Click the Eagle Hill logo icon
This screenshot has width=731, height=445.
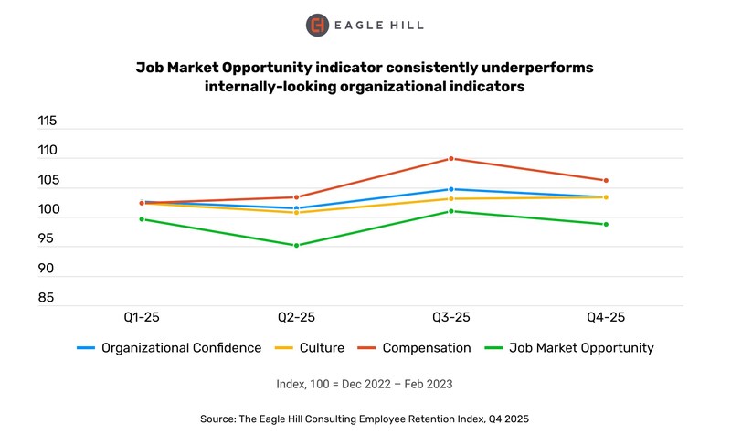(317, 25)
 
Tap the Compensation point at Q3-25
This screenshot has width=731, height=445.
(450, 159)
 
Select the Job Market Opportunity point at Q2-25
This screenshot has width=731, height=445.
(296, 246)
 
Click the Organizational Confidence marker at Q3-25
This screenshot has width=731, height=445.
(450, 189)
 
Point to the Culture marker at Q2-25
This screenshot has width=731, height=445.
(296, 212)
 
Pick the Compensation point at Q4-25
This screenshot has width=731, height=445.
(606, 180)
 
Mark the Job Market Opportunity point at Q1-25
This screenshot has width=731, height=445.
(142, 219)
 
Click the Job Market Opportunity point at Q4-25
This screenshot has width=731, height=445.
(606, 224)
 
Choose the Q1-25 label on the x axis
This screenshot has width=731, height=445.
(142, 316)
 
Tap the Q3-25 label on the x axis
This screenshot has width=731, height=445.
(450, 316)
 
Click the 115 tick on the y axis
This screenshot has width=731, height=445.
(47, 121)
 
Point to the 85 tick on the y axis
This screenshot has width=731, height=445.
(47, 298)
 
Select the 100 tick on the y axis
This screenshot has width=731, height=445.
(47, 210)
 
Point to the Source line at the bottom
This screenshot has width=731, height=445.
(365, 418)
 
